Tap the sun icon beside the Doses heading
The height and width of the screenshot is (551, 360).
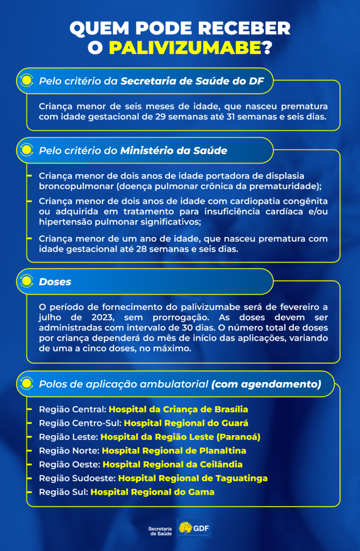pos(25,281)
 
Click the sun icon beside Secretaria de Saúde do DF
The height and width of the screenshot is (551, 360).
pos(25,81)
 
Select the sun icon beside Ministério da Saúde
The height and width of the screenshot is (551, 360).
pos(25,151)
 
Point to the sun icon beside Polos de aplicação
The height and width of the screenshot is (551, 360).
pos(25,384)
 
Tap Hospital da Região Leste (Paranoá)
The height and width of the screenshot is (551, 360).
pos(180,436)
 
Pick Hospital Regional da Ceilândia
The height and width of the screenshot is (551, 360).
pos(173,464)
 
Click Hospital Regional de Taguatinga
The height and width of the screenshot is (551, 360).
pos(193,478)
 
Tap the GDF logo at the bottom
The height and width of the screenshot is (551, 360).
pos(194,529)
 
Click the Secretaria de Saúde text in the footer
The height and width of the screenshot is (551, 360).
pos(160,531)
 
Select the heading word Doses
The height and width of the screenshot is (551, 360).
pos(55,282)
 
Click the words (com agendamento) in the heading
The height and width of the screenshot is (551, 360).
pos(266,384)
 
